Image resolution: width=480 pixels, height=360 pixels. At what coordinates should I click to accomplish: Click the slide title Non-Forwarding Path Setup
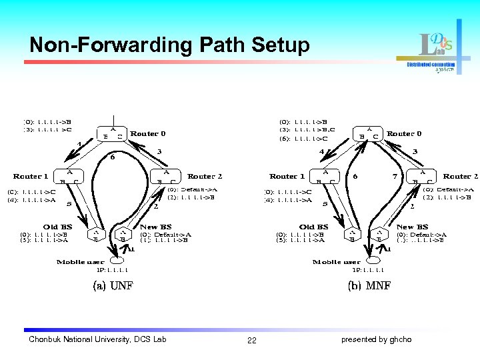(169, 45)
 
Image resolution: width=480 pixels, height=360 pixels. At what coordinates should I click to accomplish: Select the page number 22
(251, 341)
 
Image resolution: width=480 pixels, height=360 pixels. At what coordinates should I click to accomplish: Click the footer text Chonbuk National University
(97, 340)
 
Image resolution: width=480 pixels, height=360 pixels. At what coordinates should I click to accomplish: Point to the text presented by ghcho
(376, 340)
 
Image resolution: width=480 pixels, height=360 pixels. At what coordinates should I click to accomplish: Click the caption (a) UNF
(112, 286)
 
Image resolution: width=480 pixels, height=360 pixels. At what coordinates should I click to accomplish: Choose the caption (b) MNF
(369, 286)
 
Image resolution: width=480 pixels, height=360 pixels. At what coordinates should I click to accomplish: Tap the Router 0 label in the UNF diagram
(148, 133)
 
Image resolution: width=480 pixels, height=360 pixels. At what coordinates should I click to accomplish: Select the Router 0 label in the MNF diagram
(404, 133)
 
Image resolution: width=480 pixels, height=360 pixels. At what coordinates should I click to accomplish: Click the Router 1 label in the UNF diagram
(31, 176)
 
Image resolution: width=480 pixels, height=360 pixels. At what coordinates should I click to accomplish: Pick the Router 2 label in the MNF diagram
(461, 176)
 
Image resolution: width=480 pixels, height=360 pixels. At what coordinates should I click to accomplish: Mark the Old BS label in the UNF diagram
(57, 227)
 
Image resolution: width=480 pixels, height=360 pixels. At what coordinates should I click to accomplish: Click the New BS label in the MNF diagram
(412, 227)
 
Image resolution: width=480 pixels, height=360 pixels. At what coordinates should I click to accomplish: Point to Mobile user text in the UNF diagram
(80, 262)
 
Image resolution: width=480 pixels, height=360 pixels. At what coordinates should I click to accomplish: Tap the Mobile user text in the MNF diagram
(336, 262)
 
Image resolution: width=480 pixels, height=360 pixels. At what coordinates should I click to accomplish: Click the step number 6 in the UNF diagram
(113, 158)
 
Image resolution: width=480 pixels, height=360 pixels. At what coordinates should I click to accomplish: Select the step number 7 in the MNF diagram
(395, 177)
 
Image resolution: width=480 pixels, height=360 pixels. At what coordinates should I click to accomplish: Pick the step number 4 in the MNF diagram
(321, 151)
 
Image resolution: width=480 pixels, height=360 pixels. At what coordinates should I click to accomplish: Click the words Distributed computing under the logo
(431, 65)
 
